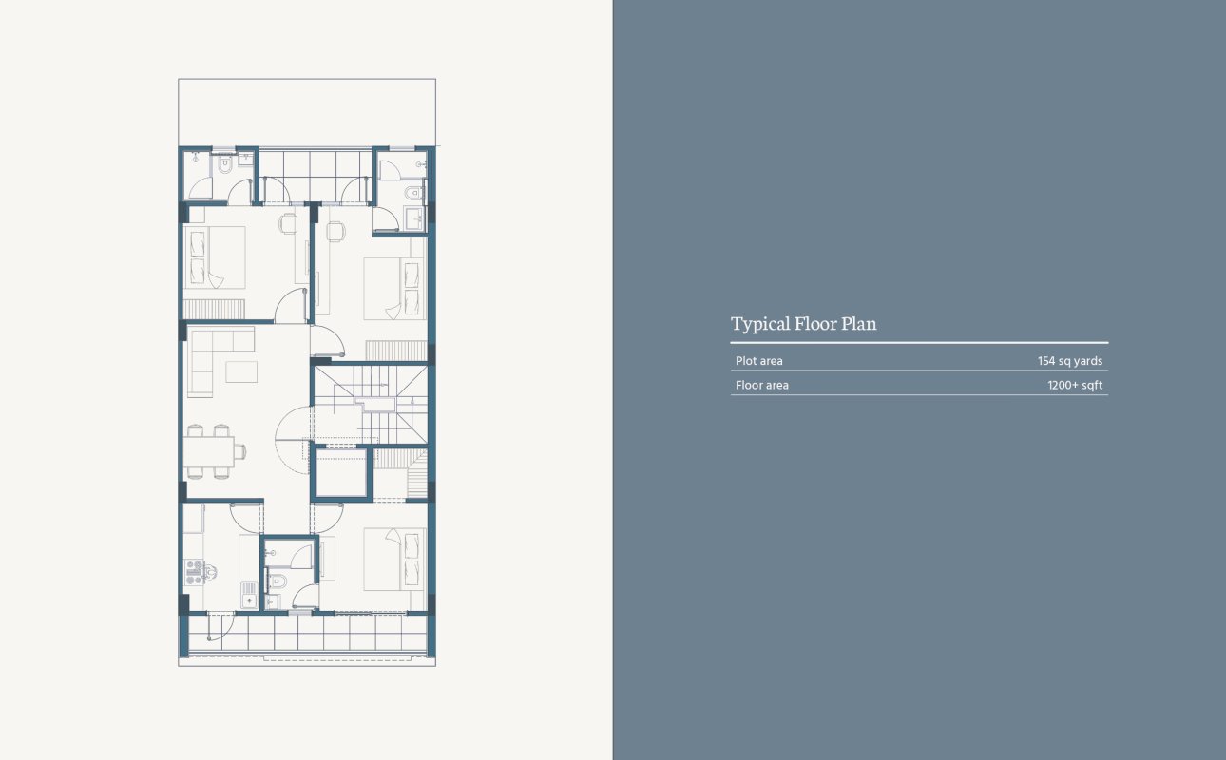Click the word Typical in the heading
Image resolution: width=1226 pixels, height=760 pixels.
click(760, 324)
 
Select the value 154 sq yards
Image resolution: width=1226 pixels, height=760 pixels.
click(1070, 361)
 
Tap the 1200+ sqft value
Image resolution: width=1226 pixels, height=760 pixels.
click(1075, 385)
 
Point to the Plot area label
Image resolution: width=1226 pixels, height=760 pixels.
click(759, 361)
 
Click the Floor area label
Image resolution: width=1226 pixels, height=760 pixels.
click(762, 385)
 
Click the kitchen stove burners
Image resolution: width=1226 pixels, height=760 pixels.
click(194, 572)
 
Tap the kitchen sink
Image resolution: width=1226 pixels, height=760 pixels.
click(249, 596)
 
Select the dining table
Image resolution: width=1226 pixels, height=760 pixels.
click(209, 451)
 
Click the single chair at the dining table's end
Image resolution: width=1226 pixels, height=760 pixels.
click(239, 451)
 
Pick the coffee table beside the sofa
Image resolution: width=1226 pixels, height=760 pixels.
click(241, 371)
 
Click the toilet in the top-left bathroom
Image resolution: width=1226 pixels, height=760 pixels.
click(225, 164)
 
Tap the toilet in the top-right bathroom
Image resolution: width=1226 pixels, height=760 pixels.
click(413, 193)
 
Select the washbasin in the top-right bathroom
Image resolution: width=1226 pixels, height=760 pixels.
click(416, 218)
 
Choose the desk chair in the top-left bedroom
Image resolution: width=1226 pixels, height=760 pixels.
click(288, 224)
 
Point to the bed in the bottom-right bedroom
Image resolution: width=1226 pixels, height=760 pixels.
click(394, 560)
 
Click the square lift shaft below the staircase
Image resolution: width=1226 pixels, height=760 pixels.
click(341, 473)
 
